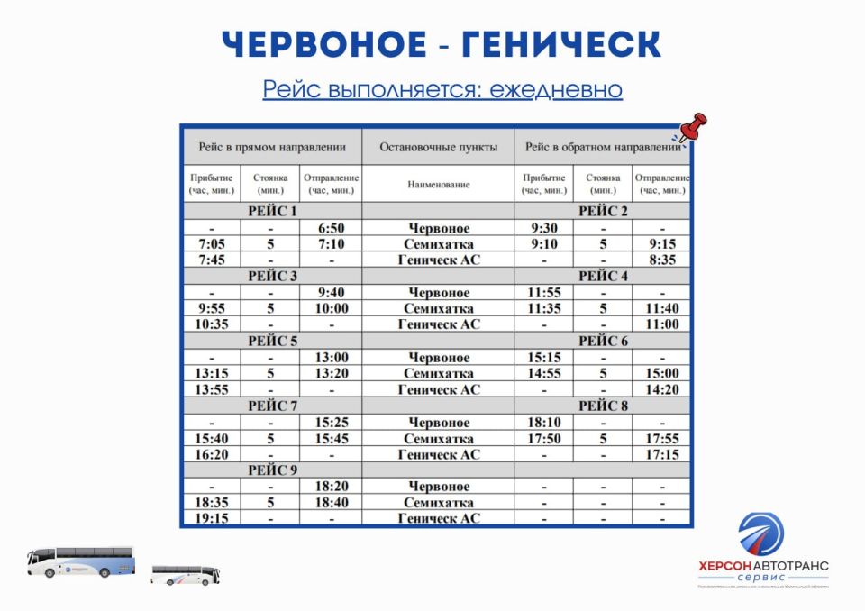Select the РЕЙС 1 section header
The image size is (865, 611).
click(x=272, y=211)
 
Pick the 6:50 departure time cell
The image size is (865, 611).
click(x=331, y=228)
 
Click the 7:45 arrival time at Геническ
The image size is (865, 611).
click(x=211, y=260)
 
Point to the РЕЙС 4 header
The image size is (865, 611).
click(x=603, y=276)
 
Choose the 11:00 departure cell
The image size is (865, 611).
click(x=661, y=324)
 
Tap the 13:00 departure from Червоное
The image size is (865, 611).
click(x=331, y=357)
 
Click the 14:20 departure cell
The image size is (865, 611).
click(x=661, y=389)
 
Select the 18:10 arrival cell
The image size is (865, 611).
click(x=543, y=422)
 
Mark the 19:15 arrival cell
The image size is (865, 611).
click(x=211, y=518)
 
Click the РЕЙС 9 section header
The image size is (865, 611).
click(x=272, y=470)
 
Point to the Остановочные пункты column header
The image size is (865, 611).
click(x=438, y=147)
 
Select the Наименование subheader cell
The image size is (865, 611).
click(x=438, y=184)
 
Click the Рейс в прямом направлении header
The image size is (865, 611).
click(x=272, y=147)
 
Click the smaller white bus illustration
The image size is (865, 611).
click(x=186, y=574)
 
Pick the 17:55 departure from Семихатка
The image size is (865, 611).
click(x=661, y=438)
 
